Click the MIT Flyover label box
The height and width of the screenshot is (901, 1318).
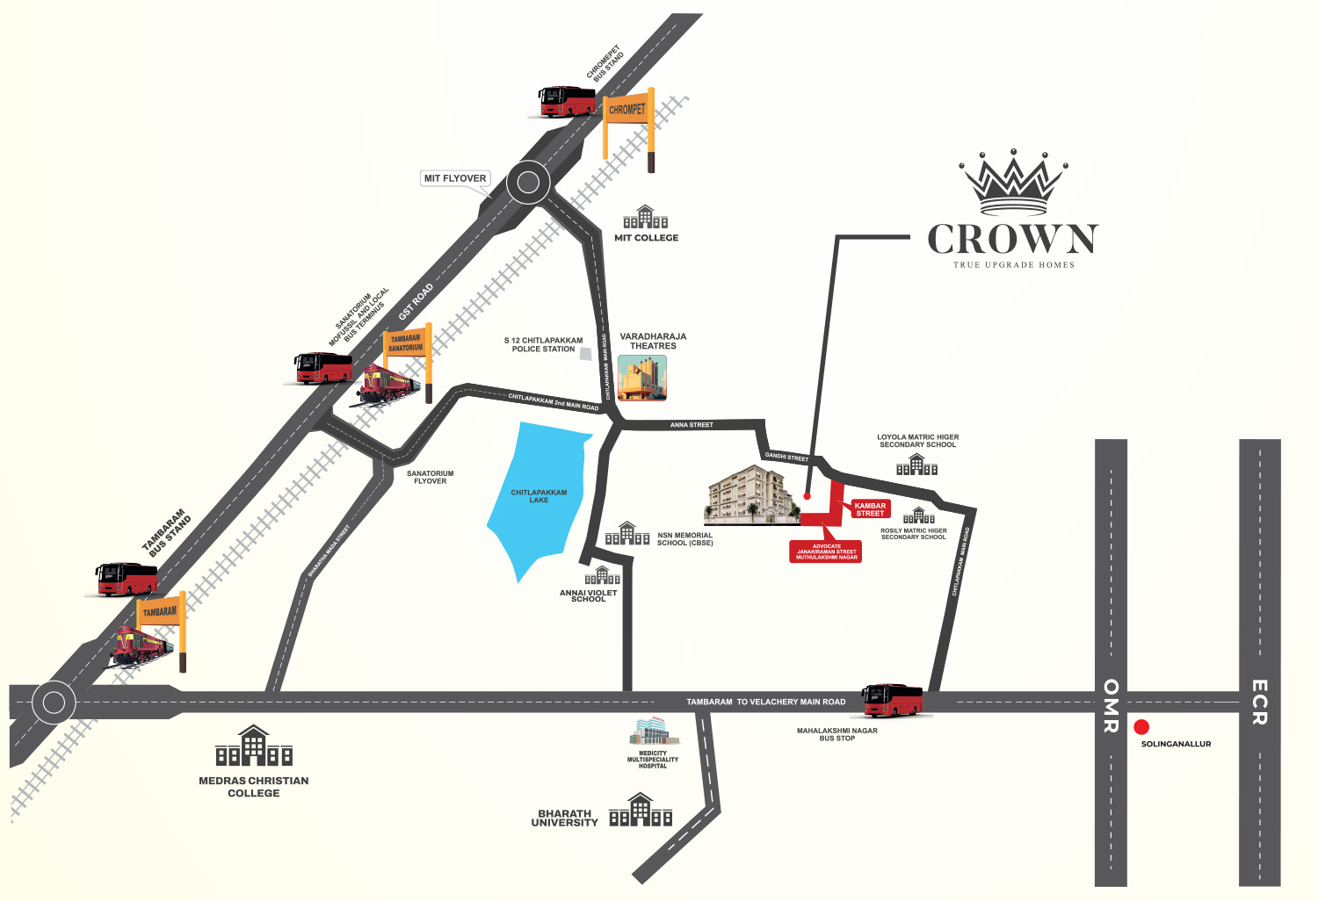click(454, 178)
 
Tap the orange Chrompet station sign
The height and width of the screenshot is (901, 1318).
click(627, 110)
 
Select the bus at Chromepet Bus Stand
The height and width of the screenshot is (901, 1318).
click(567, 102)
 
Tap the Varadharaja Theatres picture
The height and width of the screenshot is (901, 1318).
click(642, 378)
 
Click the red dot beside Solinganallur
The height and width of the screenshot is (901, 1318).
click(1141, 727)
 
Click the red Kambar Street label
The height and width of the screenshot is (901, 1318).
click(870, 509)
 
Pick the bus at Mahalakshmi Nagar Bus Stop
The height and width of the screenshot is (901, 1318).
click(893, 701)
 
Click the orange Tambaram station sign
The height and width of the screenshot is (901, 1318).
click(160, 611)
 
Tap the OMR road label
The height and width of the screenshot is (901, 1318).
click(1111, 705)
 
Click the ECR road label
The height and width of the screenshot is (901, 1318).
click(1259, 702)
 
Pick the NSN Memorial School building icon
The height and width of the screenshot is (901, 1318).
click(627, 534)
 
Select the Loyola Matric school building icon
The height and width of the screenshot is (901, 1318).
click(916, 465)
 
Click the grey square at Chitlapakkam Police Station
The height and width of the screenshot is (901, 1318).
click(585, 353)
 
